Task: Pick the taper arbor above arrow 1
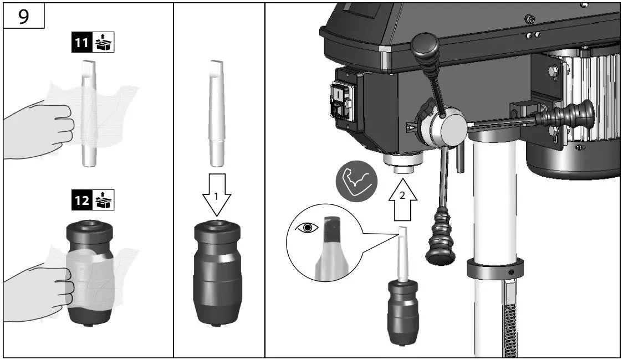pos(216,113)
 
